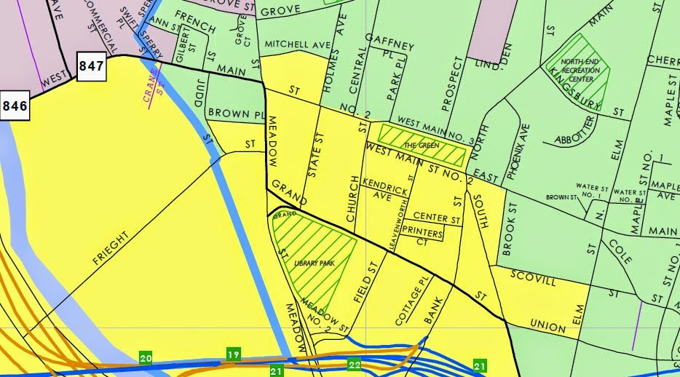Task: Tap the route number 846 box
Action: tap(14, 106)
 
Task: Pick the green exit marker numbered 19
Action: tap(233, 354)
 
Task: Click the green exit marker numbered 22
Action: tap(355, 364)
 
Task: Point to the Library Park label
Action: tap(314, 263)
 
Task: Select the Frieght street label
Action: tap(111, 251)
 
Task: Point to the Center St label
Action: tap(437, 218)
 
